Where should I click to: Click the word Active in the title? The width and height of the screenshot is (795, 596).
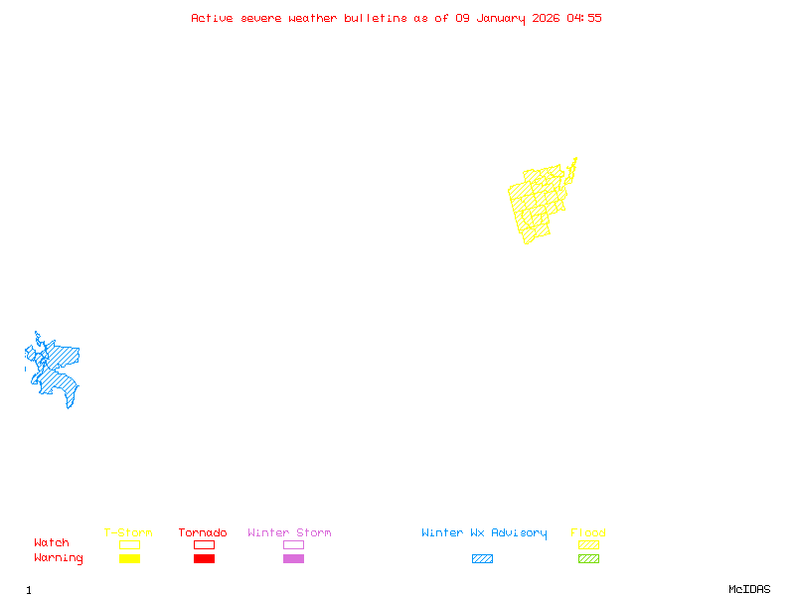(212, 18)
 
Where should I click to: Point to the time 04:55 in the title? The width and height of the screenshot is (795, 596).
(584, 18)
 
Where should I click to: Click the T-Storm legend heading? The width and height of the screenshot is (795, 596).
(128, 533)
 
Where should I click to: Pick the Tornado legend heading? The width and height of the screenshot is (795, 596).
(203, 533)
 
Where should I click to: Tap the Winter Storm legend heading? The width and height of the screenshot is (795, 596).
(289, 533)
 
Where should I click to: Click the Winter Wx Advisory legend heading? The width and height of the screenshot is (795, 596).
(484, 533)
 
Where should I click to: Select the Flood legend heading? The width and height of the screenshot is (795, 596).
(588, 533)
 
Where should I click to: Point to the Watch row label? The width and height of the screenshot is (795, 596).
(52, 543)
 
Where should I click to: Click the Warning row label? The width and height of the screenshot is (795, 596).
(59, 558)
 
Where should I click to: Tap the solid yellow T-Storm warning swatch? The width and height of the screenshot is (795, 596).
(129, 558)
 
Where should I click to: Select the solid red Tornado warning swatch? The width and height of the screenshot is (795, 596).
(204, 558)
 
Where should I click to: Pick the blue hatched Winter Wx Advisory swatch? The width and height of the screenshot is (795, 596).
(482, 558)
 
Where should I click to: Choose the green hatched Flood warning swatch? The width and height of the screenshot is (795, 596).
(588, 558)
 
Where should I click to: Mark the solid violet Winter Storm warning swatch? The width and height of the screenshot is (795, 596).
(293, 558)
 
